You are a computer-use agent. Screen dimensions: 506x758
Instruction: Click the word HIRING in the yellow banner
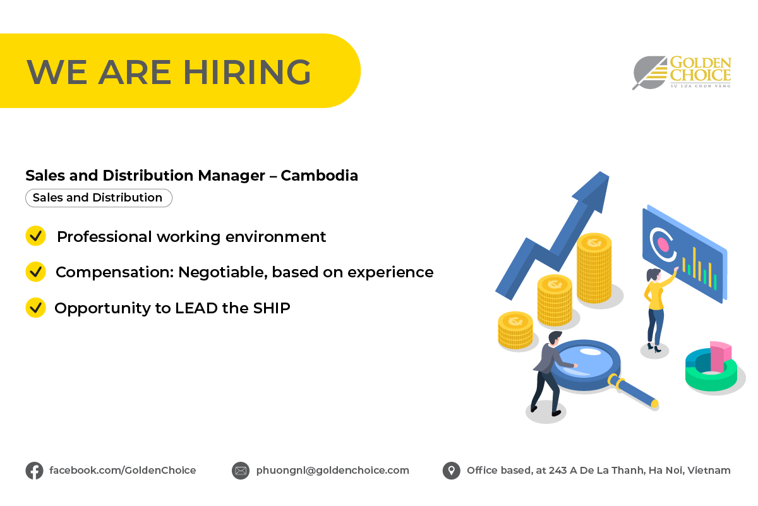pos(247,71)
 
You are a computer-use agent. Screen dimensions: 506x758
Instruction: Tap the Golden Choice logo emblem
pos(649,72)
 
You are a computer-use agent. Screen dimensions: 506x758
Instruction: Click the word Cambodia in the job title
pos(319,176)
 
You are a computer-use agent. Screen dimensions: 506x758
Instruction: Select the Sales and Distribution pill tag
pos(98,198)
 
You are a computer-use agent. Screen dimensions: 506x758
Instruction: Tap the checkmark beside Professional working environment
pos(35,236)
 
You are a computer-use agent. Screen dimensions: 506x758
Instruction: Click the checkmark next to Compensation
pos(35,272)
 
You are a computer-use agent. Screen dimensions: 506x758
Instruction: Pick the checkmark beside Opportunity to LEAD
pos(35,308)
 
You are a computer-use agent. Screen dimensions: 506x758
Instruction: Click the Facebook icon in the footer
pos(34,471)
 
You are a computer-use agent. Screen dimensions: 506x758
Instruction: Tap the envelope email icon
pos(241,471)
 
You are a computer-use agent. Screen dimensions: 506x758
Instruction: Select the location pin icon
pos(451,471)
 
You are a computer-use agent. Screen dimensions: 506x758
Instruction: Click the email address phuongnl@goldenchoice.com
pos(332,471)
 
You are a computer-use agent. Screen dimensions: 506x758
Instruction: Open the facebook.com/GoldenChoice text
pos(123,471)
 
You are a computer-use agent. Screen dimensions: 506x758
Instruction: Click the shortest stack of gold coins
pos(515,330)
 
